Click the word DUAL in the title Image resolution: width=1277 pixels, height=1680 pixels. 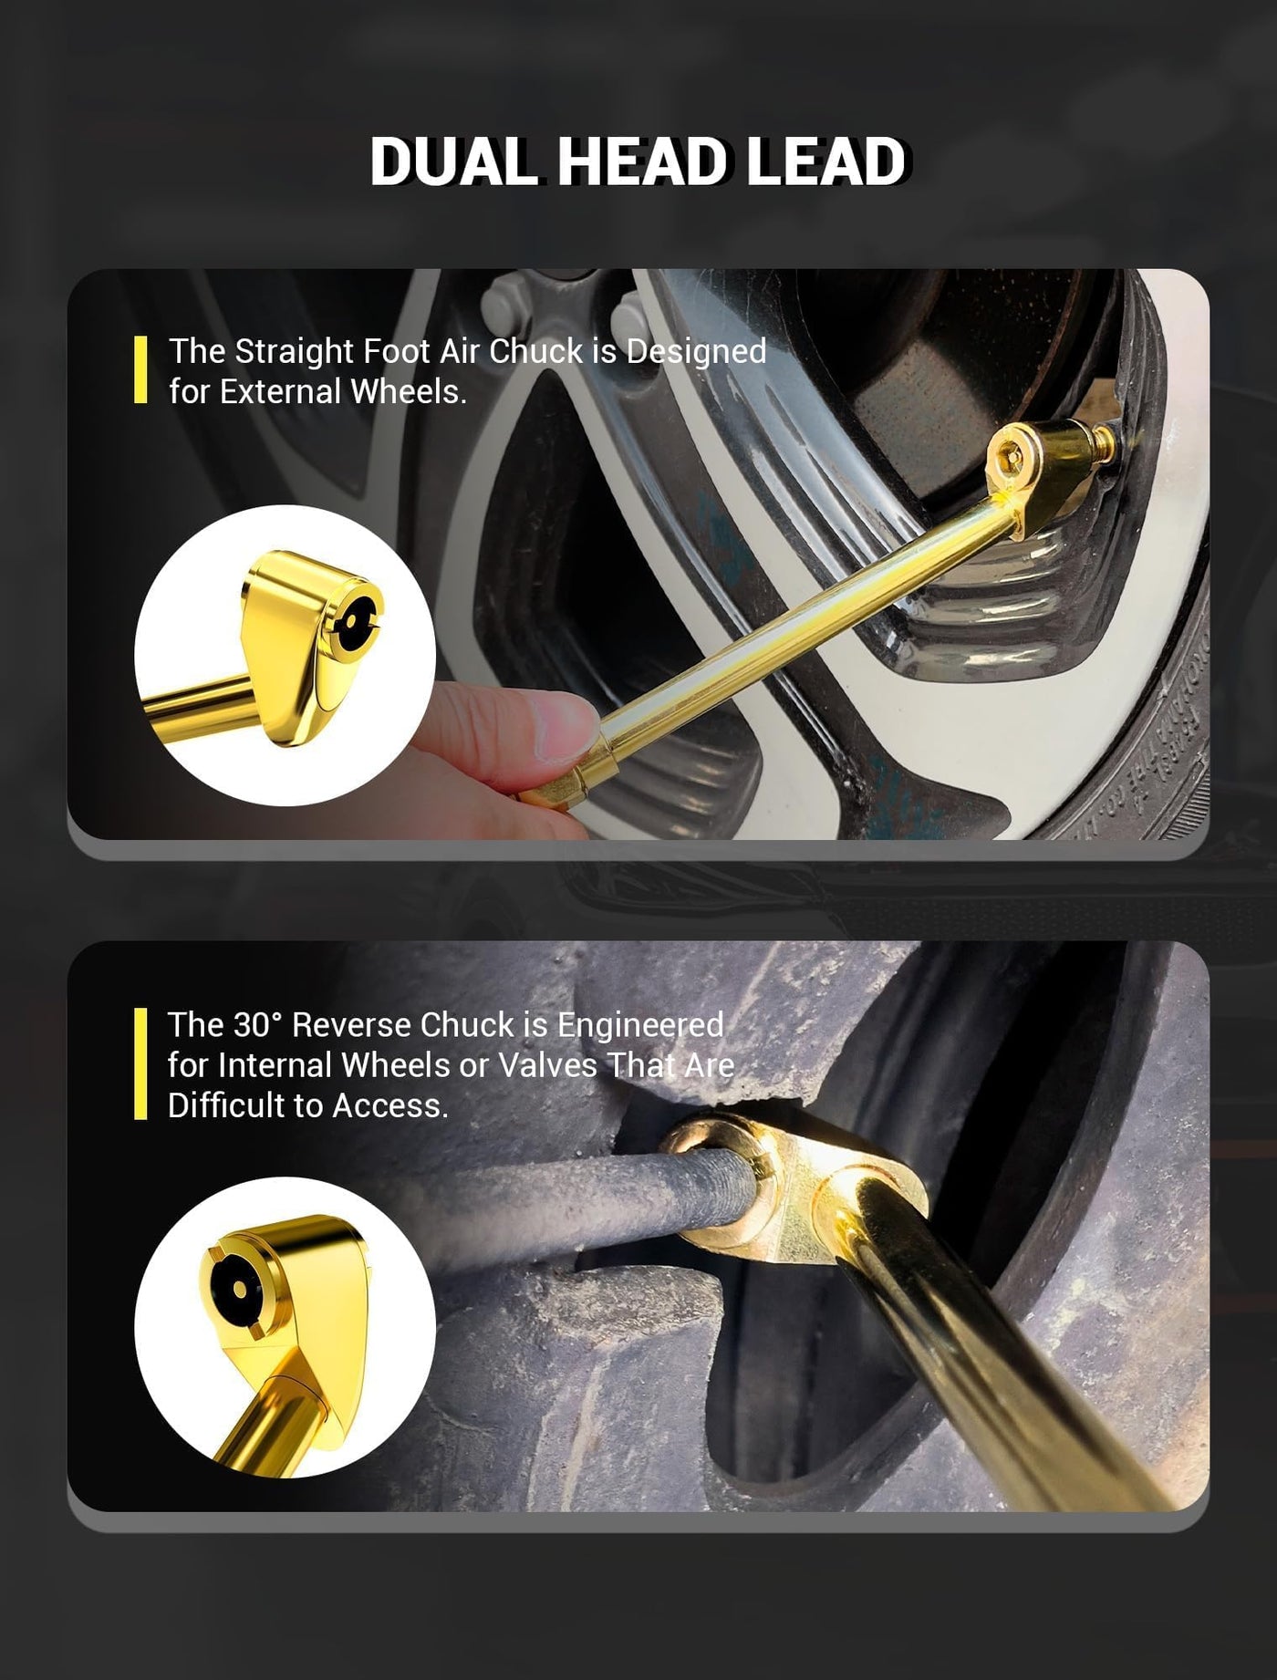[453, 162]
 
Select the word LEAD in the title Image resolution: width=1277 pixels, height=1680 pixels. [826, 162]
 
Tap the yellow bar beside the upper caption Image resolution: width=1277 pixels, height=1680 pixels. [140, 369]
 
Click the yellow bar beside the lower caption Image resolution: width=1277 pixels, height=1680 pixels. [140, 1063]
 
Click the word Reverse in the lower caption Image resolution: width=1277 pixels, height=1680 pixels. [351, 1025]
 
